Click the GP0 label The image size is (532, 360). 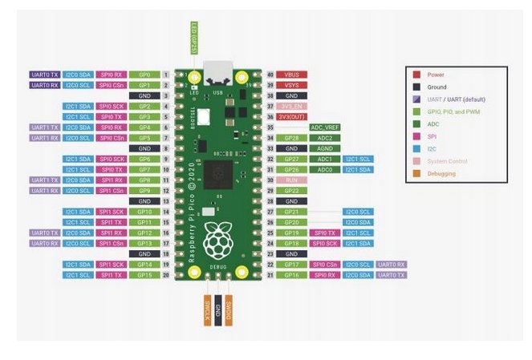click(144, 74)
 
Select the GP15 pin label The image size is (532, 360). click(144, 275)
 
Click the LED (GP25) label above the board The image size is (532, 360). click(193, 38)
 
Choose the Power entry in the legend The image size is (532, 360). click(437, 74)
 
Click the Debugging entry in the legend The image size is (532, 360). click(442, 173)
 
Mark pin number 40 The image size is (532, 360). click(270, 74)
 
